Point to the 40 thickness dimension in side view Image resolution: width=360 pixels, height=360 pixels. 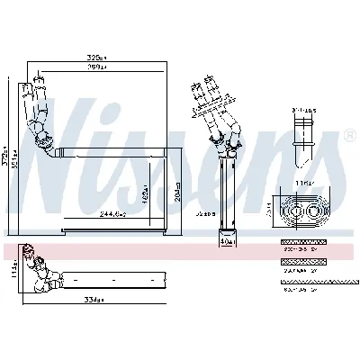point(226,242)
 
